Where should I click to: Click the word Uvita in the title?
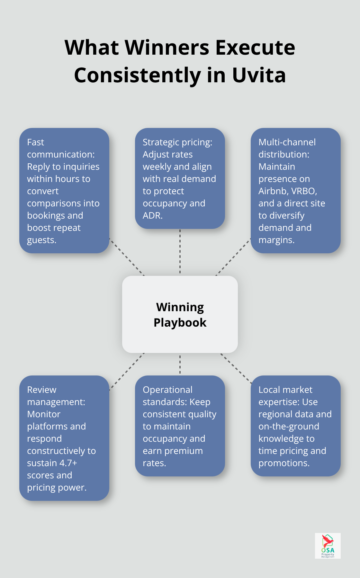259,75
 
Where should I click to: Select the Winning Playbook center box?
180,314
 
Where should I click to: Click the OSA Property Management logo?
328,546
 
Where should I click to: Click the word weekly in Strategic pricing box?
157,167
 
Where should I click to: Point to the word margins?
276,240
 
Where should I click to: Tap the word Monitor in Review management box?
44,414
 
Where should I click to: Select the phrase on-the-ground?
289,426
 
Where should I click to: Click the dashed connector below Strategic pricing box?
180,252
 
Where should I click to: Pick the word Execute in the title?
255,48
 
